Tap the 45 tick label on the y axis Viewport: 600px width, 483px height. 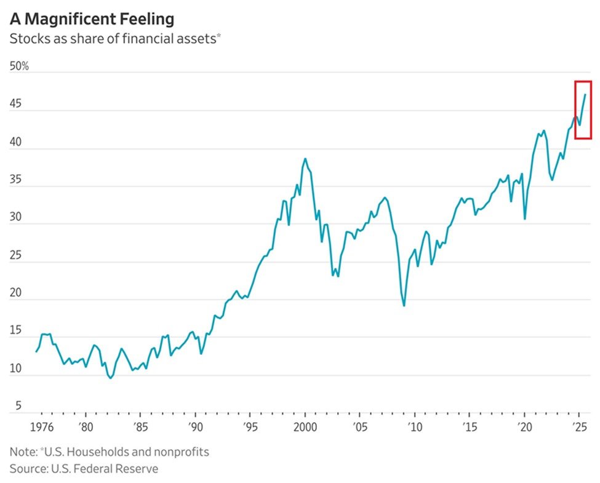(16, 105)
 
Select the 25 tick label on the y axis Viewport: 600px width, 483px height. (16, 256)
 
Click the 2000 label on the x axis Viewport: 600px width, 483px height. (305, 427)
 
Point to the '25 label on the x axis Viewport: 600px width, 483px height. (578, 427)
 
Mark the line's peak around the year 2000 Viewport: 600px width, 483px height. (305, 159)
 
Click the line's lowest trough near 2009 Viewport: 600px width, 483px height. (404, 305)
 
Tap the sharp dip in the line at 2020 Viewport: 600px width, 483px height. (524, 218)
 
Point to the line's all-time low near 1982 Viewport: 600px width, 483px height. (111, 378)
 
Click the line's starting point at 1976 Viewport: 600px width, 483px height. (36, 351)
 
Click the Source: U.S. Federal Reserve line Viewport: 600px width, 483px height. (84, 469)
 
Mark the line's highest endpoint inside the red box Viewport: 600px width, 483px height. (585, 95)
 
